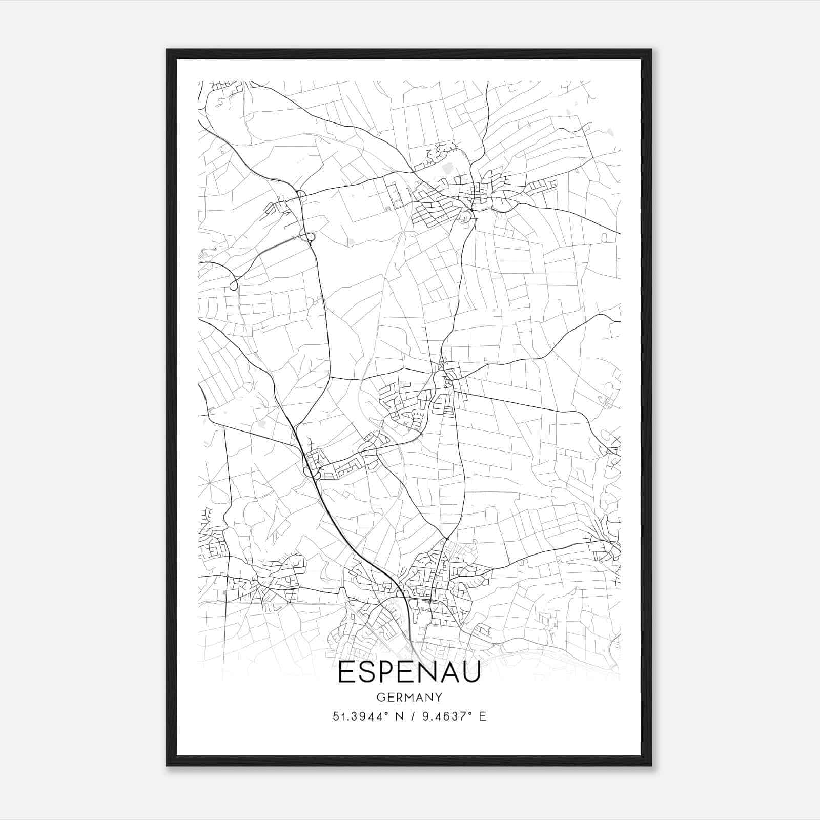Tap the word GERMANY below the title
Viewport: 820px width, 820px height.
409,698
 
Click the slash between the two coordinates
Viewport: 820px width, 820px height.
413,716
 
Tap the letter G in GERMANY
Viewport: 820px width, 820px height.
380,698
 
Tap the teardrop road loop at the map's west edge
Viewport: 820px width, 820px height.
234,285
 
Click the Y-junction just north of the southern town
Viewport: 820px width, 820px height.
447,539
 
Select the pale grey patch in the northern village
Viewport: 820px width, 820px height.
445,167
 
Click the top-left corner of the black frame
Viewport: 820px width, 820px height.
167,50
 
